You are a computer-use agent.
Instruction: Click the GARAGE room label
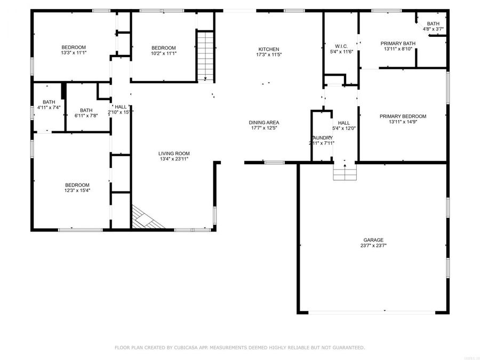[373, 240]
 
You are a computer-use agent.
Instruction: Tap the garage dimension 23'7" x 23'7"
[373, 246]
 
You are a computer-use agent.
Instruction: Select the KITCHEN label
[268, 49]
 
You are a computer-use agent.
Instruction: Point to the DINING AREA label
[265, 122]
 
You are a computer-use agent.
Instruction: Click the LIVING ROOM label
[174, 153]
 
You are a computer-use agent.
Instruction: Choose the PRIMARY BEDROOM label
[403, 116]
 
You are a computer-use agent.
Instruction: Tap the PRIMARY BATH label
[397, 43]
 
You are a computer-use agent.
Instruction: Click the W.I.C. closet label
[341, 45]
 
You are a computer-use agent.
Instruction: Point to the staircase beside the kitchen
[205, 56]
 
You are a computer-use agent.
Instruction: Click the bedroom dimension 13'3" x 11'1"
[73, 53]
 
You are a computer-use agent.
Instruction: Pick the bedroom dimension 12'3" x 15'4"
[77, 190]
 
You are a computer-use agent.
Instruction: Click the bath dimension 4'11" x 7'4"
[49, 107]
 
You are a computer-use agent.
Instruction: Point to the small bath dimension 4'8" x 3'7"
[433, 29]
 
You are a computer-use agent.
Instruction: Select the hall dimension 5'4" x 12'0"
[343, 128]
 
